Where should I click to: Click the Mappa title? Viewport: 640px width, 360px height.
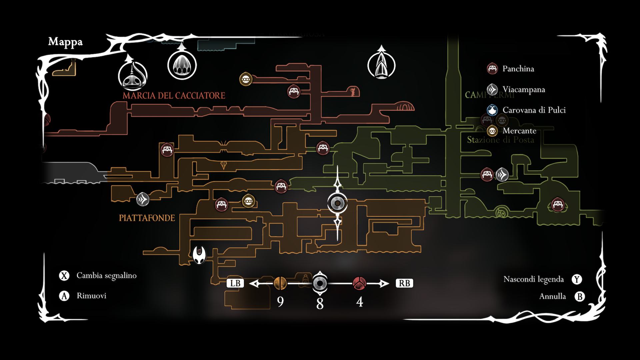65,42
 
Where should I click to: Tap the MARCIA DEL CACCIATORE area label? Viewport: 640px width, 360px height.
174,96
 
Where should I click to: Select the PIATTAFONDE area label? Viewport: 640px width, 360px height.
147,218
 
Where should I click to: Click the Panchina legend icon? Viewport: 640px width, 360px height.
492,69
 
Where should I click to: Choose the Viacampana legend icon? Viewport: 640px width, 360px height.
492,89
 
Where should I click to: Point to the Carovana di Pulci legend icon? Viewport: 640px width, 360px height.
492,110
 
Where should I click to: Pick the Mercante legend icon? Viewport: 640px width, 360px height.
492,131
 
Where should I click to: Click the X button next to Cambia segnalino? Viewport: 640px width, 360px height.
64,276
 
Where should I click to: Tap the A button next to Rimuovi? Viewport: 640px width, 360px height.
64,296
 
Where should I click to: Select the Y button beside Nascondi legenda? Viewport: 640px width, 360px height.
577,279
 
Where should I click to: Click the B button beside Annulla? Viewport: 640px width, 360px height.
580,296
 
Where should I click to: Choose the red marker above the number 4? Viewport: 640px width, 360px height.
359,283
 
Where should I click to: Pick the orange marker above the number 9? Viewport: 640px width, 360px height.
280,283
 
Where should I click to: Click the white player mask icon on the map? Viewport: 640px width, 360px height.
200,254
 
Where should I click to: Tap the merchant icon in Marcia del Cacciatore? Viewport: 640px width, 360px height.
246,79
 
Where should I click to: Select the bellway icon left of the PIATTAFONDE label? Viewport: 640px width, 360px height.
143,199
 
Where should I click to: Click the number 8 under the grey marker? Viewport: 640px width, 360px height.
320,304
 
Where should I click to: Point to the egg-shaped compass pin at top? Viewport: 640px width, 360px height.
182,65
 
